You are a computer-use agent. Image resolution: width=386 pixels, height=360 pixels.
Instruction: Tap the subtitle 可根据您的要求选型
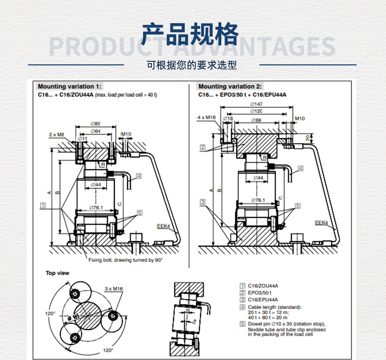(192, 65)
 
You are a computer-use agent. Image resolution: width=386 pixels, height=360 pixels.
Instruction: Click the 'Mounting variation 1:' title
(69, 87)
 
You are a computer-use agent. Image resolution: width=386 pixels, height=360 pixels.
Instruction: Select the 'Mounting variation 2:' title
(230, 87)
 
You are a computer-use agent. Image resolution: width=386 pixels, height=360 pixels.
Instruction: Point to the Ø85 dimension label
(94, 124)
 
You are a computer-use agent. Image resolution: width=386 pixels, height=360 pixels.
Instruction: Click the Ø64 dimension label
(94, 131)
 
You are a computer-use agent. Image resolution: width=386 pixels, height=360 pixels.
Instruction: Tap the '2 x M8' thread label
(57, 134)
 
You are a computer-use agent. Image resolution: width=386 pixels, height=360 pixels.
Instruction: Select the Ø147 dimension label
(256, 104)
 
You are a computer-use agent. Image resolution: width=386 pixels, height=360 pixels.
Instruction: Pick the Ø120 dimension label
(256, 111)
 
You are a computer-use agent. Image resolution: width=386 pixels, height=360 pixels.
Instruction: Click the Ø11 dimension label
(82, 138)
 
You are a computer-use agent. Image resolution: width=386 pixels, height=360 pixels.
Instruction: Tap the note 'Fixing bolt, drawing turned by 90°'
(126, 261)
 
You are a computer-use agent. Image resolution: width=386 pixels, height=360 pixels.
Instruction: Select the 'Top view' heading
(57, 273)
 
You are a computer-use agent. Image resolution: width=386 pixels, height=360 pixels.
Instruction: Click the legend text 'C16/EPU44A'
(264, 299)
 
